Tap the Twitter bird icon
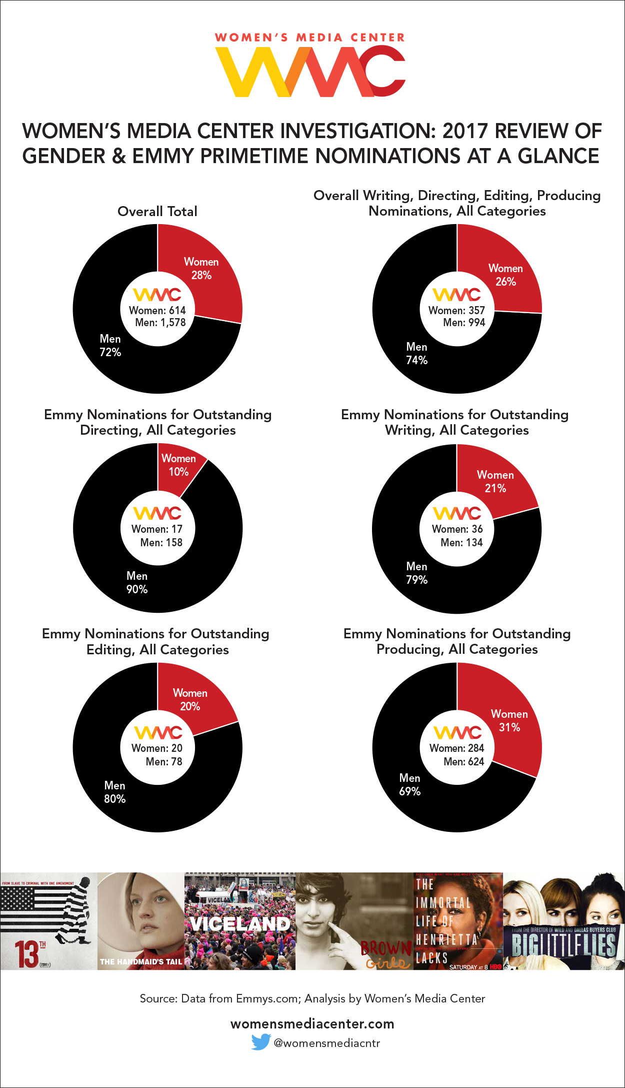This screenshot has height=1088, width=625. [260, 1042]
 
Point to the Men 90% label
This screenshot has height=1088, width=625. [137, 583]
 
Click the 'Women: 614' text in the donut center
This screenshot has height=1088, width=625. [157, 310]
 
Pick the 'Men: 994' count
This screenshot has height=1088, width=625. [464, 323]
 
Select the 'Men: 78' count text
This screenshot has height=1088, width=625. [163, 761]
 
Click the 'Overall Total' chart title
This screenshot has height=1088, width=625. [157, 211]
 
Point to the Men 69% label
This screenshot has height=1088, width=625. [410, 785]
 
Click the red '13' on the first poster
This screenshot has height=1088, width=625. [26, 953]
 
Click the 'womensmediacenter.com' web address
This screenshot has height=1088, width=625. [312, 1023]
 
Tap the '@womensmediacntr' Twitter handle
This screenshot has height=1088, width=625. [327, 1043]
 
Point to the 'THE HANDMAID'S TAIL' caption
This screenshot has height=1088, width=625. [141, 961]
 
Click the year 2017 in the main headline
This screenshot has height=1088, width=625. [465, 131]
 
